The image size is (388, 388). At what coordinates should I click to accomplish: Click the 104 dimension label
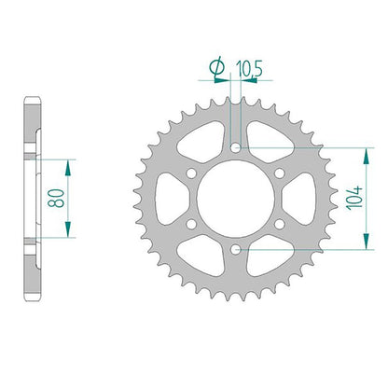tap(355, 198)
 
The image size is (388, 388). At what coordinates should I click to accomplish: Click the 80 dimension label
tap(56, 199)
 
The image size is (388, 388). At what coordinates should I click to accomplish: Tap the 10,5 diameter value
tap(249, 69)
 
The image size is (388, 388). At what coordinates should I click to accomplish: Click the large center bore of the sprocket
tap(236, 199)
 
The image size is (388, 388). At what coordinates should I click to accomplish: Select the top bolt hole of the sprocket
tap(236, 147)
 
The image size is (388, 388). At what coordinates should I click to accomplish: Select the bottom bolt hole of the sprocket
tap(236, 249)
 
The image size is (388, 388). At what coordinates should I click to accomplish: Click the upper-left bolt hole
tap(192, 173)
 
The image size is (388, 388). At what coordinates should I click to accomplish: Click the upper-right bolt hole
tap(280, 173)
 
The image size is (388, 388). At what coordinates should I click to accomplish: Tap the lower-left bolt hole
tap(192, 224)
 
